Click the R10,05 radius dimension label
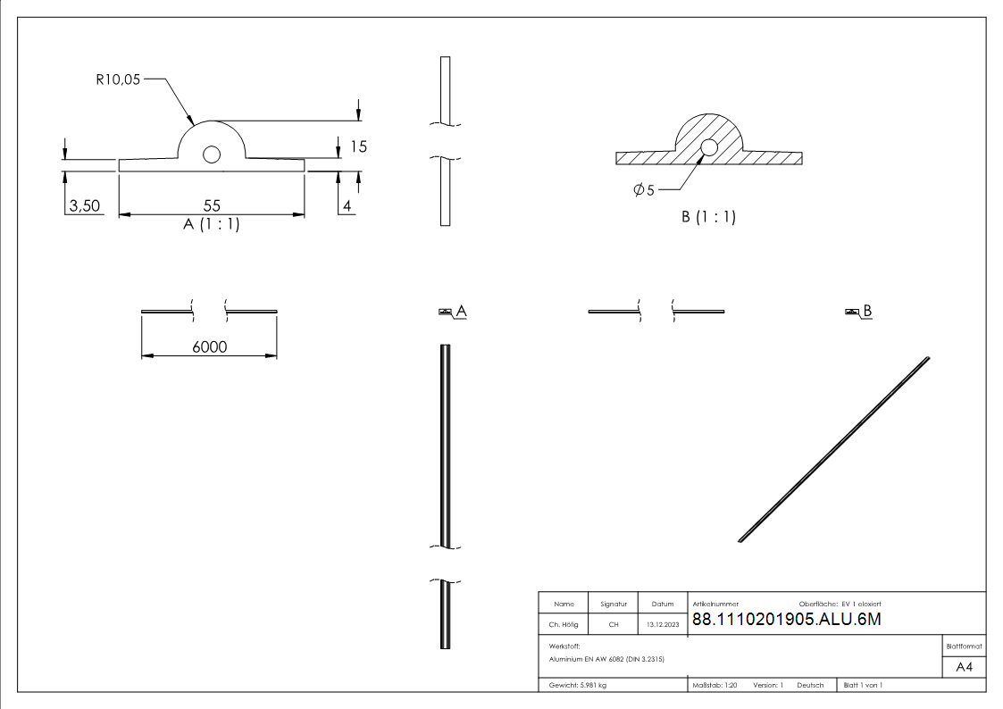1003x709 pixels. point(118,79)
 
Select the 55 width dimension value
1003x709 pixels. point(211,204)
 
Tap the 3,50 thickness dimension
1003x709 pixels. point(84,206)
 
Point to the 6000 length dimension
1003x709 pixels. point(209,347)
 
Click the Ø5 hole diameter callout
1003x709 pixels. point(644,190)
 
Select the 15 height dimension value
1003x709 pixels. point(358,146)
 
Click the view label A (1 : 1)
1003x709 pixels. point(211,225)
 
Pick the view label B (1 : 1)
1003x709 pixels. point(708,216)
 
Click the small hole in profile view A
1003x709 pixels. point(212,154)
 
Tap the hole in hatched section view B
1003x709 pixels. point(709,147)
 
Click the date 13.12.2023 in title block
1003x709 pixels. point(662,625)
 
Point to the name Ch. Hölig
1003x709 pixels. point(564,625)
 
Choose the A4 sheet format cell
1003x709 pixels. point(965,667)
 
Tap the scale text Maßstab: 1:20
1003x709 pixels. point(715,685)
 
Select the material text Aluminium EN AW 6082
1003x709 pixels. point(606,659)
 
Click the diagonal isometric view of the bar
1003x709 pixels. point(834,449)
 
